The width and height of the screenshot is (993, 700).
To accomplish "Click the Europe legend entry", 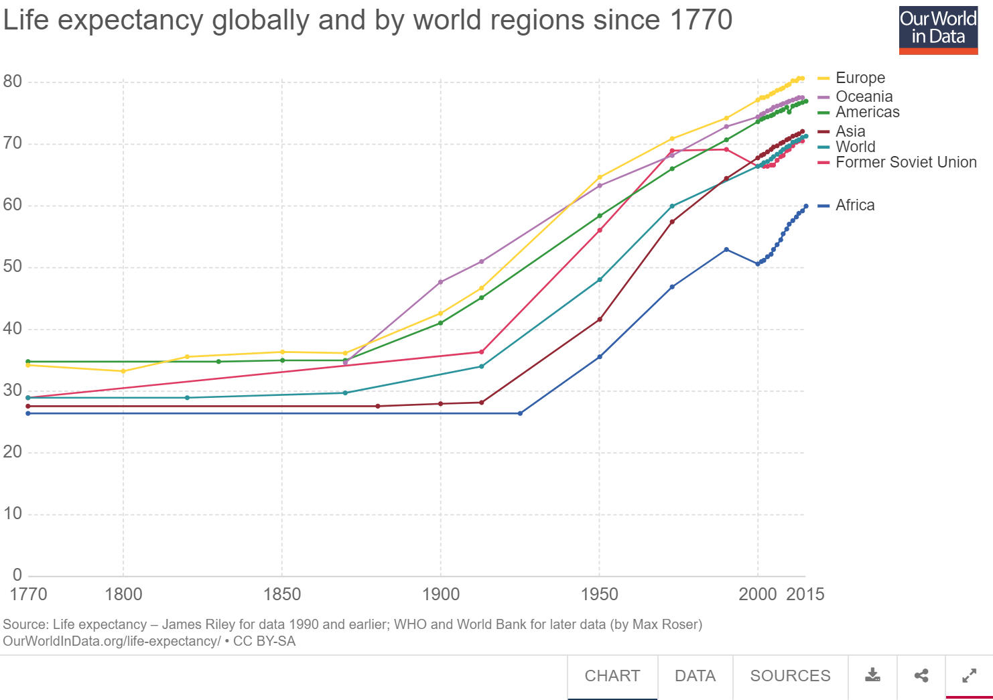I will (860, 78).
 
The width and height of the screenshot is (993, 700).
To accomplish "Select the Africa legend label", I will (854, 206).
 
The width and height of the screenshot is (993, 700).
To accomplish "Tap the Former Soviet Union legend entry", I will (905, 163).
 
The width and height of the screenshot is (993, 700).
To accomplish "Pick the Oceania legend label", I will (864, 96).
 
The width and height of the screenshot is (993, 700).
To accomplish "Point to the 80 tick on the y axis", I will (13, 82).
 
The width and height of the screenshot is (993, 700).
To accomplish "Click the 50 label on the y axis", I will (13, 267).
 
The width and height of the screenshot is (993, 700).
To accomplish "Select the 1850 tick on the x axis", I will (282, 594).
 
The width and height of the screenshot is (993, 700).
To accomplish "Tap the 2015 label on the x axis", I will (805, 594).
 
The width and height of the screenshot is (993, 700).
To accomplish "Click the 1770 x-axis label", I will (28, 594).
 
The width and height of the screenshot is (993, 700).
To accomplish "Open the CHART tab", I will (612, 676).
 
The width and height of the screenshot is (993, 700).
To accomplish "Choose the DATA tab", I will (695, 676).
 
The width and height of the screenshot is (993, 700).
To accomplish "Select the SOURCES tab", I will (790, 676).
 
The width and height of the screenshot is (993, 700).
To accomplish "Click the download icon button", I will (872, 675).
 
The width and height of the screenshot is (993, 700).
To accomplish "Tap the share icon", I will (921, 675).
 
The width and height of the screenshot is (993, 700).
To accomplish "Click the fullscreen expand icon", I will (969, 675).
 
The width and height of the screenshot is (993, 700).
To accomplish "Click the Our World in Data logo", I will (938, 31).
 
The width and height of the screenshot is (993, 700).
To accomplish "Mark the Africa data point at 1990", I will (726, 250).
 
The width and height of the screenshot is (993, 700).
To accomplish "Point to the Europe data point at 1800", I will (123, 371).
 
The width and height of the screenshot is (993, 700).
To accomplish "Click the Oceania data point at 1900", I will (440, 282).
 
